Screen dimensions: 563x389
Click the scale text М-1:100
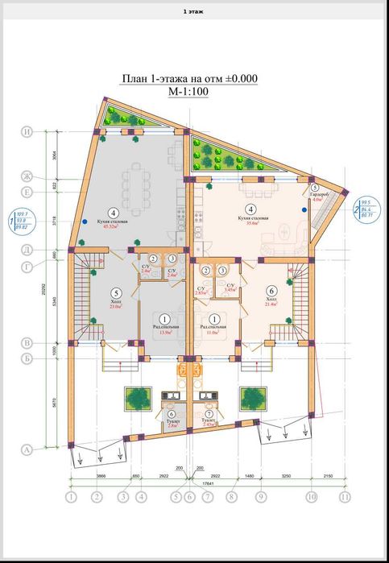(189, 92)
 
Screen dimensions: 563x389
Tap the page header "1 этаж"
(194, 11)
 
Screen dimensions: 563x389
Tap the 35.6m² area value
(247, 223)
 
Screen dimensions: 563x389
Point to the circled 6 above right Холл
(271, 291)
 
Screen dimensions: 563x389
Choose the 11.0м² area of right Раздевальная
(215, 332)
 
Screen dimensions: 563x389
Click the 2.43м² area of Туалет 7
(208, 424)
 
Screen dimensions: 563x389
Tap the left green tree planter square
(136, 397)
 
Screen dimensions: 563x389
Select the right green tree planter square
(253, 397)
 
